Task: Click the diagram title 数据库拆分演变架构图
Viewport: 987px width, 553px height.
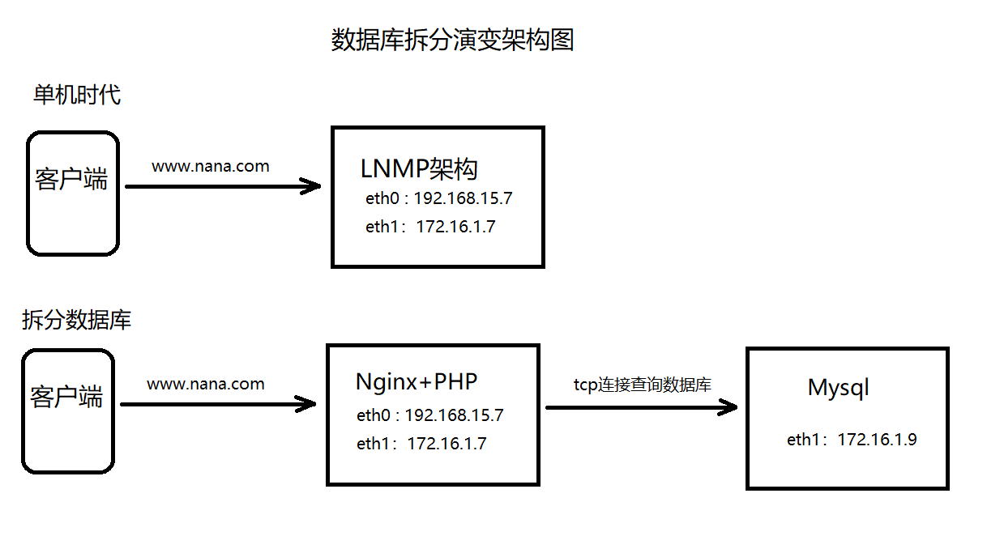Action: pyautogui.click(x=452, y=40)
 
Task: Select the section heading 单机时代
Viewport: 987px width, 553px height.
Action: pyautogui.click(x=77, y=95)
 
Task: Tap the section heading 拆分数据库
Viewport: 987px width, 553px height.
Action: pyautogui.click(x=76, y=320)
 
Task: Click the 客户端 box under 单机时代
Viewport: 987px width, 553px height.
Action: pyautogui.click(x=72, y=194)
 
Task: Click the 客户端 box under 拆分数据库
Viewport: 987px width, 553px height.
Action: pyautogui.click(x=67, y=410)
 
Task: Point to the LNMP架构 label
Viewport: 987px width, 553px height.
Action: pyautogui.click(x=419, y=169)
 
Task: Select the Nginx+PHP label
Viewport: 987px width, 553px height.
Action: pyautogui.click(x=417, y=382)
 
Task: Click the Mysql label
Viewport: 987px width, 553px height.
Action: pyautogui.click(x=838, y=387)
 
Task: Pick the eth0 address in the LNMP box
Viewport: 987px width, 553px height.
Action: pyautogui.click(x=438, y=198)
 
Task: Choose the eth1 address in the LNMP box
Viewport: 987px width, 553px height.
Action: pyautogui.click(x=430, y=227)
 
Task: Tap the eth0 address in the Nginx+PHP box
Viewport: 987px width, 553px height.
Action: pyautogui.click(x=429, y=415)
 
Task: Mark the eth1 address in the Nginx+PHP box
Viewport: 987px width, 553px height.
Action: pyautogui.click(x=421, y=443)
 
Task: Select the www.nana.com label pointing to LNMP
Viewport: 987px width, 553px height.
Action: pyautogui.click(x=211, y=167)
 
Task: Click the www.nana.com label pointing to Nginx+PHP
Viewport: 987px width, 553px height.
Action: pyautogui.click(x=205, y=384)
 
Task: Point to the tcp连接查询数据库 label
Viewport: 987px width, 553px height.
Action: pyautogui.click(x=642, y=385)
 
